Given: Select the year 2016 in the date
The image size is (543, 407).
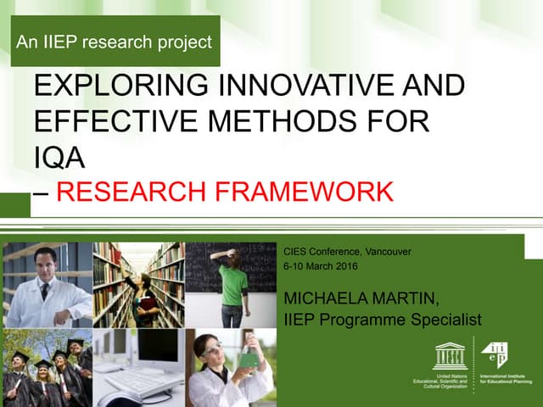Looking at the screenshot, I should click(343, 266).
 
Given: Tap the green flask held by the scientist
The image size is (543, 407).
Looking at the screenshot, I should click(248, 355).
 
